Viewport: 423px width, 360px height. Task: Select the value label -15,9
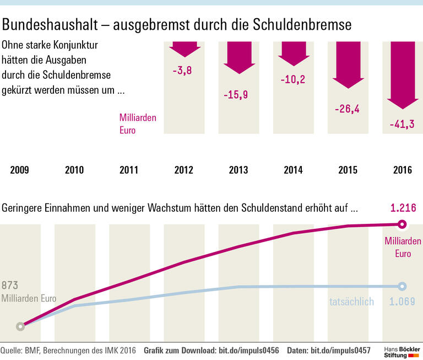pyautogui.click(x=236, y=94)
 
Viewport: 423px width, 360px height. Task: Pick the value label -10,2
pyautogui.click(x=292, y=79)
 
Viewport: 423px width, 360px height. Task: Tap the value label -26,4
pyautogui.click(x=347, y=109)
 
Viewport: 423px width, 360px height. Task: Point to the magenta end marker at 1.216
pyautogui.click(x=402, y=224)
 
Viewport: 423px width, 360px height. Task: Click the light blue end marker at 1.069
pyautogui.click(x=402, y=286)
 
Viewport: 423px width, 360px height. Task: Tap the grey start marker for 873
pyautogui.click(x=20, y=326)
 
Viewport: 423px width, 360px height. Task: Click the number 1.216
pyautogui.click(x=403, y=208)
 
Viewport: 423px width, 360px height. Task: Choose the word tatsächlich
pyautogui.click(x=351, y=302)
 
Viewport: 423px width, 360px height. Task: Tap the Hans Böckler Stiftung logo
pyautogui.click(x=402, y=352)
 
